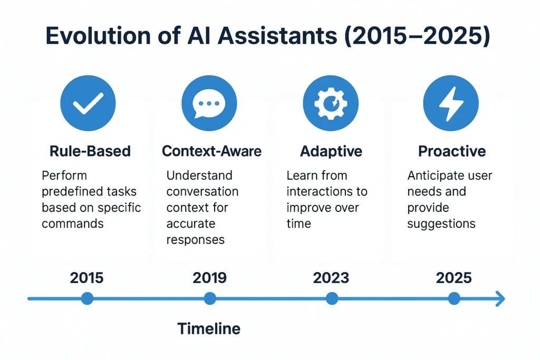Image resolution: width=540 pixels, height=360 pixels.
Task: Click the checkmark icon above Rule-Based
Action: click(x=88, y=103)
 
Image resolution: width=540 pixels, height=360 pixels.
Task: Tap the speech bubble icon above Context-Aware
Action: click(x=209, y=103)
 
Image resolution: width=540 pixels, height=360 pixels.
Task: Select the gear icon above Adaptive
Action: click(x=331, y=103)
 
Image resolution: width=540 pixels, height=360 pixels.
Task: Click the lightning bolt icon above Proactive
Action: click(x=451, y=103)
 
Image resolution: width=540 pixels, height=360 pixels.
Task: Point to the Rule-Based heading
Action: click(x=90, y=151)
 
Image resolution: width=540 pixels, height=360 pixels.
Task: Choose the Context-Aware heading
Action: click(x=211, y=151)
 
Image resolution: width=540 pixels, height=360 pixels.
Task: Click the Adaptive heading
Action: click(x=331, y=151)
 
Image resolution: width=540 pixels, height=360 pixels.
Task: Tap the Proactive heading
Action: click(x=452, y=151)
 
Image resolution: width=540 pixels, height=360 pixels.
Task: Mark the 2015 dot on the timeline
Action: click(x=87, y=298)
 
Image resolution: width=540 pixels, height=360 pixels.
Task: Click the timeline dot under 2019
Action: click(x=210, y=298)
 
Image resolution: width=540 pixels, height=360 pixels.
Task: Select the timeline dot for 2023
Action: click(x=332, y=298)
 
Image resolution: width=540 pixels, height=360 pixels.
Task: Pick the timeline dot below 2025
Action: click(x=454, y=298)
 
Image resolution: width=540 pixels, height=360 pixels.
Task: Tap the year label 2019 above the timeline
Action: click(x=209, y=278)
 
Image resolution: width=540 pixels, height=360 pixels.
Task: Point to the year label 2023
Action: click(x=331, y=278)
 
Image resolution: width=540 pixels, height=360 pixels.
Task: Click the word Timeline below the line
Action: click(x=209, y=329)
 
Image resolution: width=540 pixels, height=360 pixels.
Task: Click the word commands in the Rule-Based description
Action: click(x=73, y=223)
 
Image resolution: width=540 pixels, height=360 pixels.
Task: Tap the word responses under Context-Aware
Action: click(x=195, y=240)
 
